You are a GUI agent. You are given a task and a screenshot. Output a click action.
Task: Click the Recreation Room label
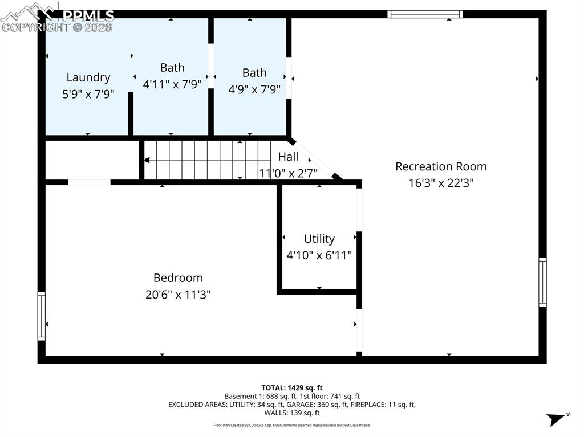coord(441,166)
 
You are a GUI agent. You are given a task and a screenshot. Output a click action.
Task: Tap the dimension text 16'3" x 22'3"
coord(441,183)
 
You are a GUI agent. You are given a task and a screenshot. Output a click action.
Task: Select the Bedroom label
coord(178,278)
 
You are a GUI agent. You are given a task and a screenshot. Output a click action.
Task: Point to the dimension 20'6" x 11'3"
coord(178,295)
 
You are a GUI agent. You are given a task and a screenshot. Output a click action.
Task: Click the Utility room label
coord(319,239)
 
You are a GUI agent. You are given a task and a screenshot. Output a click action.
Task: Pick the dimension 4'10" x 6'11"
coord(319,255)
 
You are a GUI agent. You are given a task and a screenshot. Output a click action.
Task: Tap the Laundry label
coord(88,77)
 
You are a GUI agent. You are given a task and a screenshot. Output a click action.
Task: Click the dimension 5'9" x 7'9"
coord(88,94)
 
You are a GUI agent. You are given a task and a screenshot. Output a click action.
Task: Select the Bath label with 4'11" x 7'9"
coord(172,68)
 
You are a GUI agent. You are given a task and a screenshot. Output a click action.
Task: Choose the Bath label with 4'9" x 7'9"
coord(254,73)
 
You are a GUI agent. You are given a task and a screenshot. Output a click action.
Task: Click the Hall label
coord(288,157)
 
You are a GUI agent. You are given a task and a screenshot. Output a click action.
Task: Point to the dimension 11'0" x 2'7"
coord(288,173)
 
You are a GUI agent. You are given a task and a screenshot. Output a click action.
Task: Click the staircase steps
coord(205,160)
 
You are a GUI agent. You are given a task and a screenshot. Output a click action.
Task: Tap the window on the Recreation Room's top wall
coord(424,14)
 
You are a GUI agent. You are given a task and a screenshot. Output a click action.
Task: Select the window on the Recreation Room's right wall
coord(542,282)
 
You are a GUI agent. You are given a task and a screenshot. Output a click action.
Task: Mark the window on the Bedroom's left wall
coord(41,316)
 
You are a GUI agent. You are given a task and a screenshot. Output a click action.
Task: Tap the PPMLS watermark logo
coord(57,17)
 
